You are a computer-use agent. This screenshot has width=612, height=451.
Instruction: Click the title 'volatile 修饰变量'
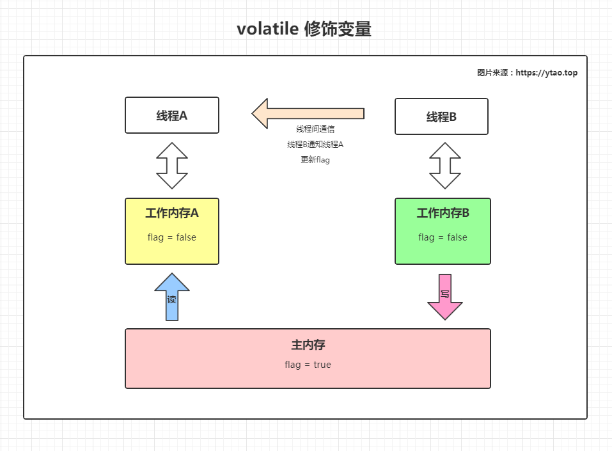pyautogui.click(x=304, y=29)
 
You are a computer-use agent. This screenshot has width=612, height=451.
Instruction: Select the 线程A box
pyautogui.click(x=172, y=115)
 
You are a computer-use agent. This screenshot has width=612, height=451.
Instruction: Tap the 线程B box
pyautogui.click(x=441, y=116)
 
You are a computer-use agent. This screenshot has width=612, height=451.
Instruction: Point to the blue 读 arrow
pyautogui.click(x=172, y=297)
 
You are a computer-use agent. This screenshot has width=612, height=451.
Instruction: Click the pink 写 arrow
pyautogui.click(x=444, y=296)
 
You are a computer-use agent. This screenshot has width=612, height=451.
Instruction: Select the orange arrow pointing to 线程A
pyautogui.click(x=308, y=113)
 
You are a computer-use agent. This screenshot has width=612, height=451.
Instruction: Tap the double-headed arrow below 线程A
pyautogui.click(x=172, y=166)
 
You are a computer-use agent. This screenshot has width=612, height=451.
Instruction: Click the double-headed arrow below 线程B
pyautogui.click(x=444, y=166)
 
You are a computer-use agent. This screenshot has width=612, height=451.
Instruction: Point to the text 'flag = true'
pyautogui.click(x=308, y=365)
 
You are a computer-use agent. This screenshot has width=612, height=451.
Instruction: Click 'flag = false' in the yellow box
pyautogui.click(x=171, y=237)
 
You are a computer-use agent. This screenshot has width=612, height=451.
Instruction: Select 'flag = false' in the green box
pyautogui.click(x=443, y=237)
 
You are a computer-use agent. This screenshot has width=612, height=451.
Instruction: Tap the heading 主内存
pyautogui.click(x=308, y=345)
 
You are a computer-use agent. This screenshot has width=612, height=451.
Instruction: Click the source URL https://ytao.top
pyautogui.click(x=546, y=73)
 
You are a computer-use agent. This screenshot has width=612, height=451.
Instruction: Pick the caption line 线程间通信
pyautogui.click(x=315, y=129)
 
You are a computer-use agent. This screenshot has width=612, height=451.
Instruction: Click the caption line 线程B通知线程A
pyautogui.click(x=315, y=145)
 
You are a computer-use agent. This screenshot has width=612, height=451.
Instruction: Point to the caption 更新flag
pyautogui.click(x=315, y=160)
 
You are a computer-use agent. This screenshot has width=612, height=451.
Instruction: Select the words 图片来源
pyautogui.click(x=492, y=73)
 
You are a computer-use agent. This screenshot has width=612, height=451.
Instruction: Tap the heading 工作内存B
pyautogui.click(x=443, y=213)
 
